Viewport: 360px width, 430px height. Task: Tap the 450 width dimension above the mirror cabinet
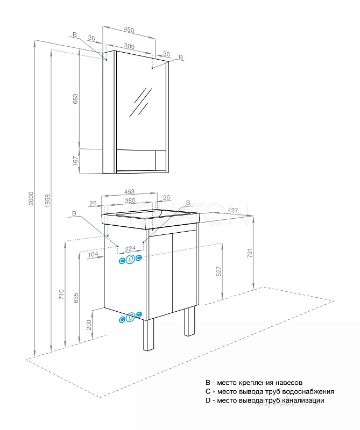click(129, 31)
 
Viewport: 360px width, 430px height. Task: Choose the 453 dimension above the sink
click(129, 192)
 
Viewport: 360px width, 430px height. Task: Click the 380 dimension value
click(129, 202)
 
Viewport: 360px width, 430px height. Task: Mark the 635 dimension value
click(76, 297)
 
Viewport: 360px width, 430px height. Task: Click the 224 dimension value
click(130, 249)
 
